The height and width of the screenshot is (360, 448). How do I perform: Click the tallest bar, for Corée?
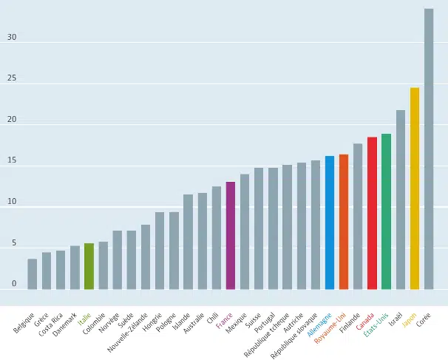[x=429, y=149]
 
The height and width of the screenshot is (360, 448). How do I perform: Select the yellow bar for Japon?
[x=415, y=189]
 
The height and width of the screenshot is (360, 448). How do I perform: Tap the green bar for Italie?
[x=89, y=266]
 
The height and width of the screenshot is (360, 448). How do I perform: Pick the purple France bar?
[x=231, y=235]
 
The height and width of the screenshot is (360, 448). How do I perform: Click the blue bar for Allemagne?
[x=330, y=223]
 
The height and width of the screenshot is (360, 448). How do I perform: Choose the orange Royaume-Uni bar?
[x=344, y=222]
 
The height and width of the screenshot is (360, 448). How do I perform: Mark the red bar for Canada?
[x=372, y=213]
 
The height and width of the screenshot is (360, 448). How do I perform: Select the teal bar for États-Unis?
[x=387, y=211]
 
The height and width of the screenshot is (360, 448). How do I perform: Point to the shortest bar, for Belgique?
[x=33, y=274]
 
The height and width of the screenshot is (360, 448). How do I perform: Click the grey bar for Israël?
[x=401, y=200]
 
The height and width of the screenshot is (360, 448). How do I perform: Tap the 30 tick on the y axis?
[x=12, y=37]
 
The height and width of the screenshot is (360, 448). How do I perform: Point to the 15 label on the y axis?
[x=12, y=160]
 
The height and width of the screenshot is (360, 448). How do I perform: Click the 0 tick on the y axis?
[x=14, y=284]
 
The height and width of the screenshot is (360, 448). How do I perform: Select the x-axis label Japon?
[x=409, y=320]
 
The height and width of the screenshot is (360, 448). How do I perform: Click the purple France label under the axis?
[x=224, y=320]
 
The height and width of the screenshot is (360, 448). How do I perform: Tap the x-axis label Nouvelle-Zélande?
[x=127, y=333]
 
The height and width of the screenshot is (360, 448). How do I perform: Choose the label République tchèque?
[x=267, y=335]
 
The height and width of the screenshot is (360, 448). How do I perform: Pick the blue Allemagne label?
[x=319, y=325]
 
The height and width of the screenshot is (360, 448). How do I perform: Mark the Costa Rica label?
[x=50, y=325]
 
